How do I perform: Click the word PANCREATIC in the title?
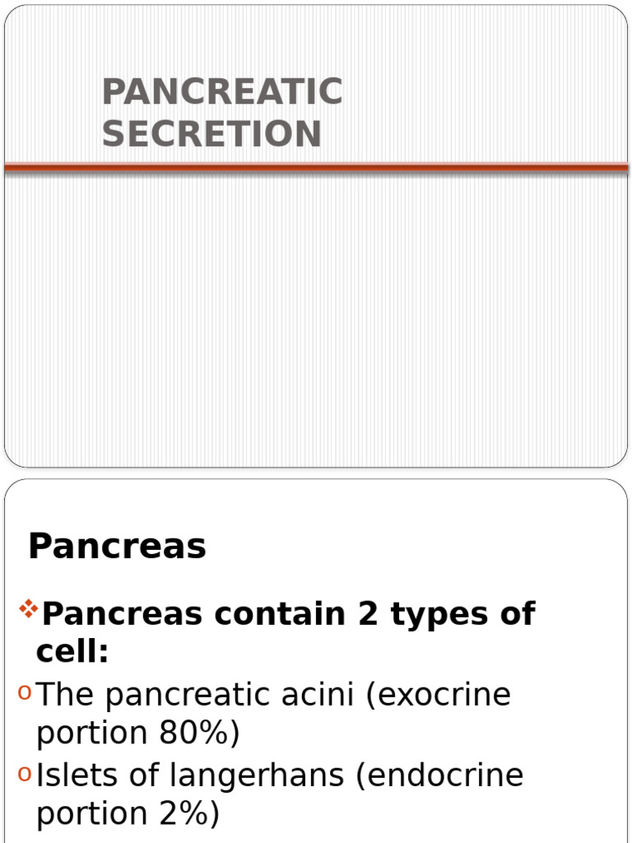coord(222,92)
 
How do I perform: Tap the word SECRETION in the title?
coord(211,134)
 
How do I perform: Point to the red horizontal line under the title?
coord(316,168)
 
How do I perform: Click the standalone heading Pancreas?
coord(117,546)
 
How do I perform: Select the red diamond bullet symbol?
coord(29,610)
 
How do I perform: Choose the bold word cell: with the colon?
coord(72,652)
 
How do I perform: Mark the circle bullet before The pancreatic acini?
coord(25,695)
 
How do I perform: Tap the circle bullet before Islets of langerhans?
coord(25,775)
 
